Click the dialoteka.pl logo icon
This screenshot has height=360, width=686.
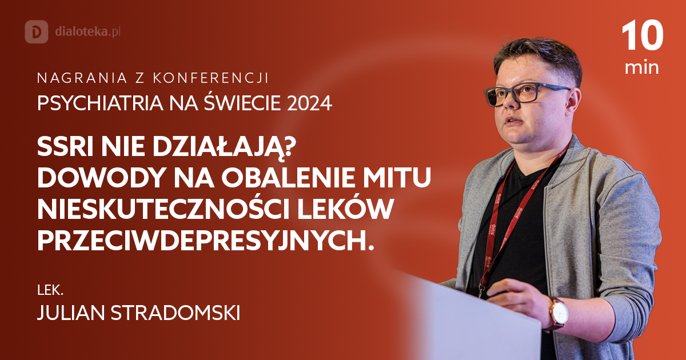coord(37,31)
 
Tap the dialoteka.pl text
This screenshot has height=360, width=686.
coord(86,31)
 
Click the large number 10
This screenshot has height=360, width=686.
coord(642,37)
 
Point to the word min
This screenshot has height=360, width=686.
coord(642,68)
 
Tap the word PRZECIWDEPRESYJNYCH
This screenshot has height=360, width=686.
coord(205,240)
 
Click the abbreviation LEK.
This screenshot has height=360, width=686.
coord(50,290)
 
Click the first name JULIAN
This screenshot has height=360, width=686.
coord(67,313)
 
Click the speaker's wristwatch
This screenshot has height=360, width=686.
coord(559,313)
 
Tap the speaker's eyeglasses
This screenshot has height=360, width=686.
coord(526,92)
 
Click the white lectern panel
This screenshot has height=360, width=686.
coord(480,320)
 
